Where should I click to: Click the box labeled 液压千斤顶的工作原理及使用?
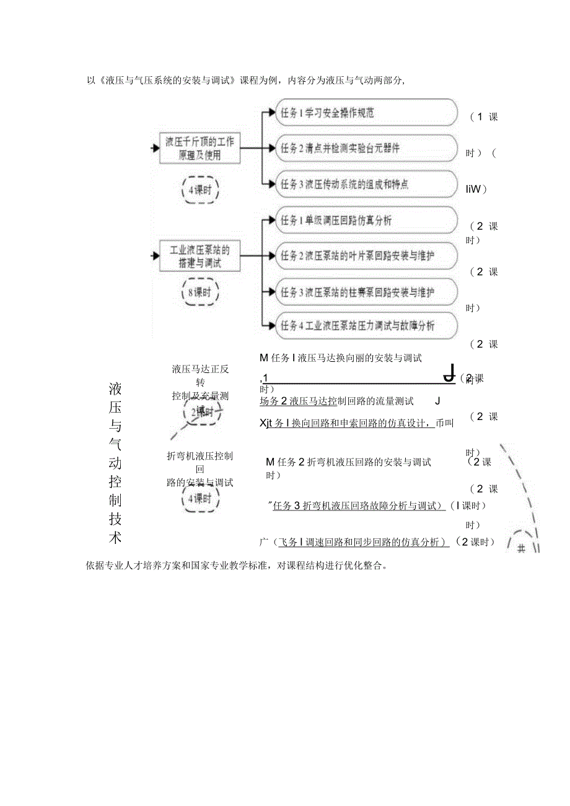(199, 148)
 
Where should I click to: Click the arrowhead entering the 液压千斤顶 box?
(156, 149)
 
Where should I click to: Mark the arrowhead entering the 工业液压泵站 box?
(156, 255)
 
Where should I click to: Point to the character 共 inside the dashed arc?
(521, 548)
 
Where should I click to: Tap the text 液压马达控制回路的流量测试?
(354, 401)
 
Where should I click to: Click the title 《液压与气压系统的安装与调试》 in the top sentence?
(167, 80)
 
